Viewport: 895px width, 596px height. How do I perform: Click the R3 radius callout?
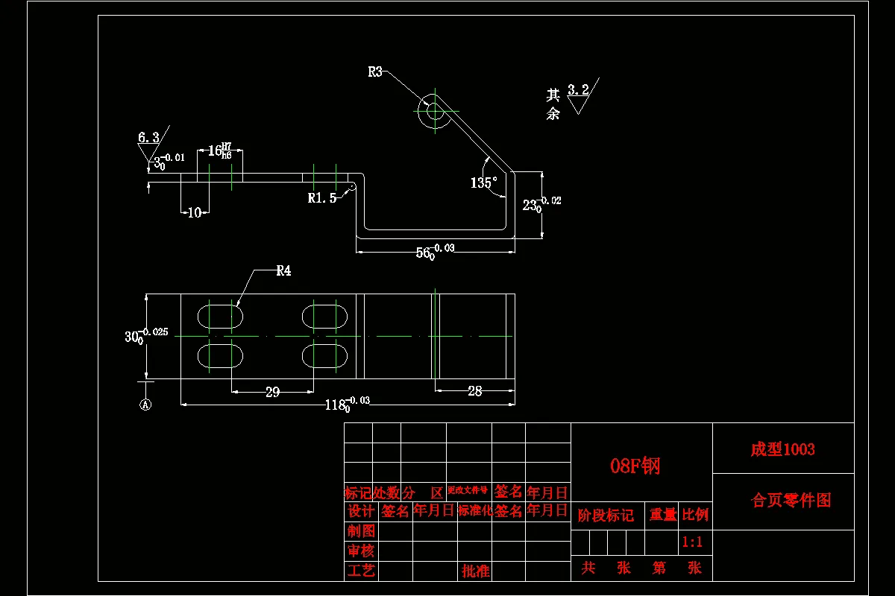pyautogui.click(x=375, y=72)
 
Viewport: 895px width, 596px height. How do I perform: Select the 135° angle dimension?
pyautogui.click(x=483, y=183)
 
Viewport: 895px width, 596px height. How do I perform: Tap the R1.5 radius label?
pyautogui.click(x=321, y=198)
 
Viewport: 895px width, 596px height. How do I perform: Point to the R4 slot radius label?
pyautogui.click(x=283, y=271)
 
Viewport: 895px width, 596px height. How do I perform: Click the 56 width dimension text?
pyautogui.click(x=425, y=253)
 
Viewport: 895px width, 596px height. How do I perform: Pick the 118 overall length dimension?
pyautogui.click(x=337, y=405)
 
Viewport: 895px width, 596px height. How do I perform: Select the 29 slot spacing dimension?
pyautogui.click(x=272, y=392)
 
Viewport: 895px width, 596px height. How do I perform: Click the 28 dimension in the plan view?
pyautogui.click(x=474, y=390)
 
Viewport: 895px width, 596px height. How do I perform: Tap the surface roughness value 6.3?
pyautogui.click(x=148, y=137)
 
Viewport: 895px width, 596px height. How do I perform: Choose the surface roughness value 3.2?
pyautogui.click(x=578, y=90)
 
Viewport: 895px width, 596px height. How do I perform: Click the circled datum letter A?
pyautogui.click(x=146, y=405)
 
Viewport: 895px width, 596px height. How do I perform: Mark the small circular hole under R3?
pyautogui.click(x=433, y=112)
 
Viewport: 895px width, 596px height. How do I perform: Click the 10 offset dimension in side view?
pyautogui.click(x=195, y=213)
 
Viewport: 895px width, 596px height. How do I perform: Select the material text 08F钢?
pyautogui.click(x=635, y=466)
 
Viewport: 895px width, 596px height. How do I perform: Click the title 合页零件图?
pyautogui.click(x=791, y=501)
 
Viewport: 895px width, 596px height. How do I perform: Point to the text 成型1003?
pyautogui.click(x=782, y=449)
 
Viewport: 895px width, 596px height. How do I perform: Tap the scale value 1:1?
pyautogui.click(x=692, y=542)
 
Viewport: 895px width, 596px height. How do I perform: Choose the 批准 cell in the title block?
pyautogui.click(x=475, y=571)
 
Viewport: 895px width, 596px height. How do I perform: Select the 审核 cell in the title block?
pyautogui.click(x=361, y=551)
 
